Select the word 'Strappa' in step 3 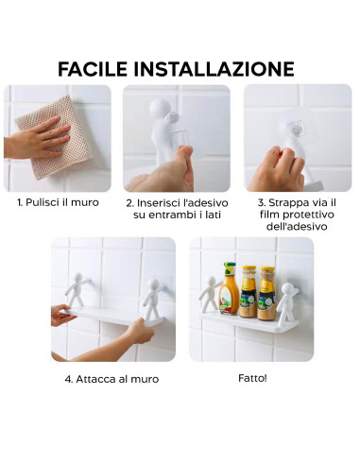288,202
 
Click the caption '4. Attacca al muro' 111,379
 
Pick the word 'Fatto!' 252,378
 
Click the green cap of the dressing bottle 229,268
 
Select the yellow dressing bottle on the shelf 229,293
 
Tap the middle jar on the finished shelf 249,293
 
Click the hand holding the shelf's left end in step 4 60,317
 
